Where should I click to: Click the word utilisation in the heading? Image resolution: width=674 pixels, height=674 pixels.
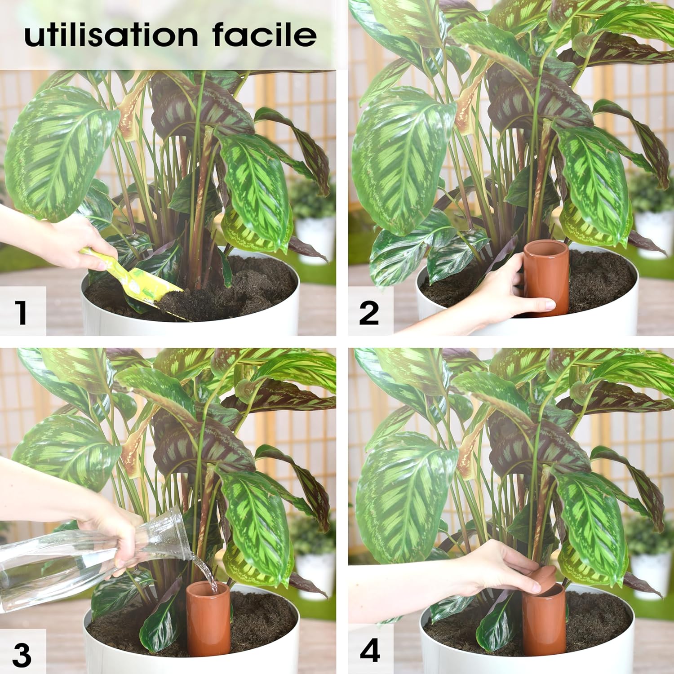(111, 35)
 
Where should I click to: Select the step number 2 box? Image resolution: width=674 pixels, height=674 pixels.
(369, 313)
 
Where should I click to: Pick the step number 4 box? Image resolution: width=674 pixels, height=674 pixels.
(370, 651)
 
